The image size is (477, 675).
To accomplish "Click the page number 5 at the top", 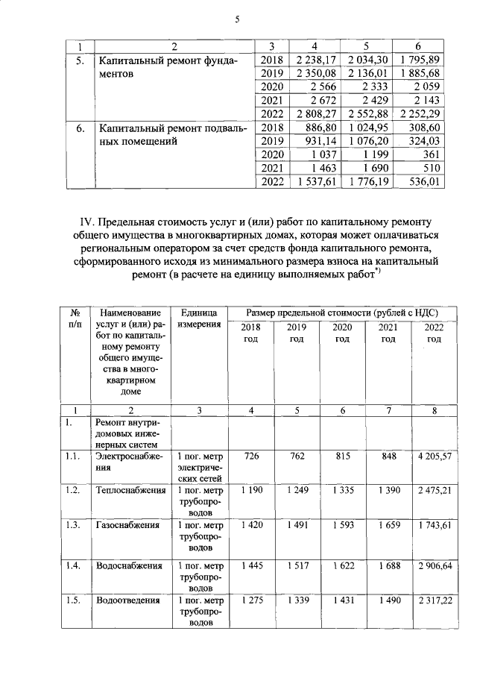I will pyautogui.click(x=237, y=20).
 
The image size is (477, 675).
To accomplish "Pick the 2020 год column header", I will pyautogui.click(x=342, y=333).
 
